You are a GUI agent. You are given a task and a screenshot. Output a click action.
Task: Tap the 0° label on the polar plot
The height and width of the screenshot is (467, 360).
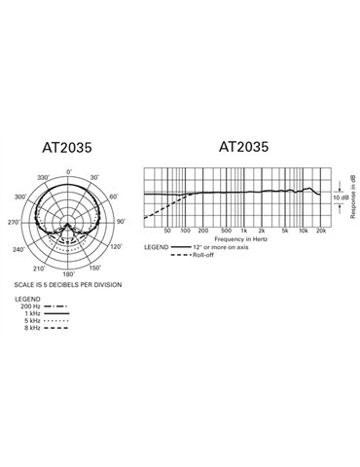(x=68, y=173)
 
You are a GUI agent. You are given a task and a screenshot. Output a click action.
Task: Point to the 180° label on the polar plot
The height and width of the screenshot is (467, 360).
(x=68, y=275)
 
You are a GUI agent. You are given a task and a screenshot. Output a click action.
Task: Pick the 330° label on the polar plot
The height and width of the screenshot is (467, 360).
(x=42, y=179)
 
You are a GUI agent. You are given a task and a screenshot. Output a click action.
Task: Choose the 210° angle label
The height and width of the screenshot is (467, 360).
(x=40, y=269)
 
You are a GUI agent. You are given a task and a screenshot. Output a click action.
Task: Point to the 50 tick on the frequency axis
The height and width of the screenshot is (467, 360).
(x=168, y=231)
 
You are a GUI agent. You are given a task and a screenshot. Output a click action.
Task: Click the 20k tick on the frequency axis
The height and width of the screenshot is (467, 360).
(x=321, y=231)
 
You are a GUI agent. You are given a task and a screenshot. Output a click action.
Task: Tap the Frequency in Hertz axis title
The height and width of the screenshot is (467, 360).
(x=242, y=238)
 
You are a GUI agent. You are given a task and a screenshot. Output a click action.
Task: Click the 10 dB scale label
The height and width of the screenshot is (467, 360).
(x=341, y=198)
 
